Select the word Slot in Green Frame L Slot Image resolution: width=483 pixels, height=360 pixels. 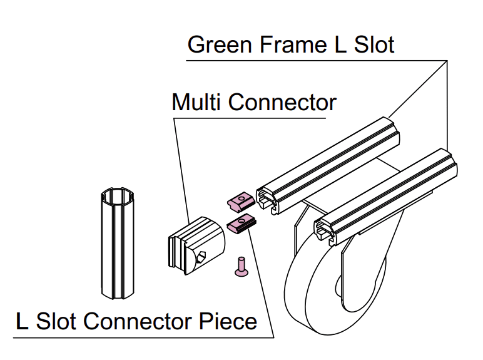pos(372,45)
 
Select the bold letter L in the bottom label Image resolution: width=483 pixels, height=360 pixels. pos(22,321)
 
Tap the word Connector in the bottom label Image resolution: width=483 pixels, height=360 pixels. pos(140,321)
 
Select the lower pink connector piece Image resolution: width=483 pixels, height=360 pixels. pos(240,224)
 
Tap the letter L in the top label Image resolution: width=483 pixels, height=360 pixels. pos(337,45)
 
